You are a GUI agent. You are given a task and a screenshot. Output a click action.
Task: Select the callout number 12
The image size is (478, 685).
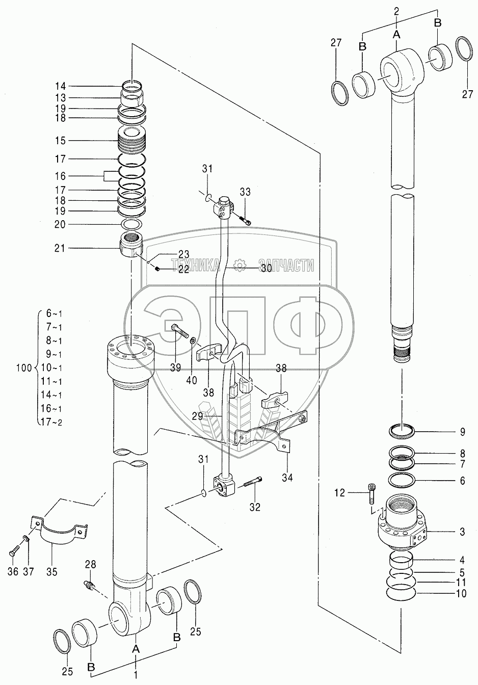click(340, 492)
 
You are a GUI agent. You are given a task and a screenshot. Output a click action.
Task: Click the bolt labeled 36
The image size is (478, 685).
click(15, 551)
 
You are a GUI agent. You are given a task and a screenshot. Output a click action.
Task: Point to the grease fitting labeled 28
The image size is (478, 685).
click(90, 584)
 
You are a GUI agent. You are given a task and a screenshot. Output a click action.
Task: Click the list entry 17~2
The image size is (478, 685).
click(54, 421)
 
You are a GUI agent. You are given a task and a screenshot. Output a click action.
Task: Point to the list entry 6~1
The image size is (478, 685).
click(54, 313)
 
